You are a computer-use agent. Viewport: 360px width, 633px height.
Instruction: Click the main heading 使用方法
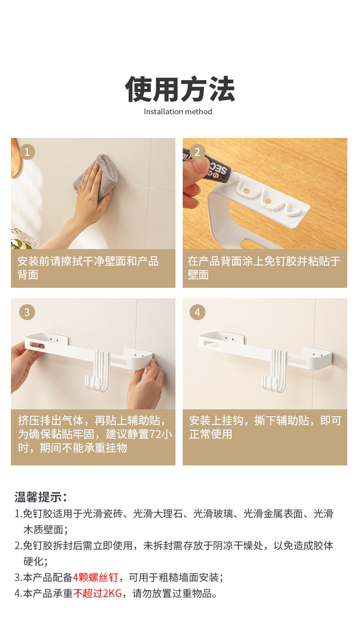coord(180,89)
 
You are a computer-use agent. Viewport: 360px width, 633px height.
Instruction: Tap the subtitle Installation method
coord(178,112)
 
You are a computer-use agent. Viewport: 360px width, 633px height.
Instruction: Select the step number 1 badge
coord(27,152)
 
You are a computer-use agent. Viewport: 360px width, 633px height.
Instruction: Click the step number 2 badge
coord(197,152)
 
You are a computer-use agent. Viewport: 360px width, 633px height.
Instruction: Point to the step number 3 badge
coord(27,312)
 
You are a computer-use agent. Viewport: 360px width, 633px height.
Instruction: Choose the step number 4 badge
coord(197,312)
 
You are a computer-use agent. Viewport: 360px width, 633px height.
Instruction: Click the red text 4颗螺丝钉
coord(96,577)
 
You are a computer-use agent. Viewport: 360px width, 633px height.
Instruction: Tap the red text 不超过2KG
coord(98,593)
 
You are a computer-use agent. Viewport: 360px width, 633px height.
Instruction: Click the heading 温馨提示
coord(41,497)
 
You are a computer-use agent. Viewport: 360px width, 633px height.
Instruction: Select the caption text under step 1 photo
coord(88,268)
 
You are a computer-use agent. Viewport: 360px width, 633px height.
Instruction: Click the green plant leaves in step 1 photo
coord(21,239)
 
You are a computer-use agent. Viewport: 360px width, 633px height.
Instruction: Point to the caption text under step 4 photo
coord(265,427)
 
